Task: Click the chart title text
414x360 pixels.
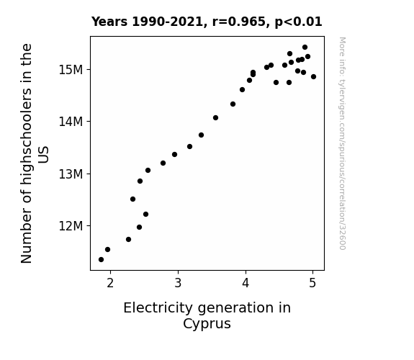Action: (x=207, y=22)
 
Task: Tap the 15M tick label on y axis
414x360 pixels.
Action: (x=71, y=70)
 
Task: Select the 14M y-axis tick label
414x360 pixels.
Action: (x=71, y=122)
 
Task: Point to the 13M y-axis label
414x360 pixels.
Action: (x=71, y=174)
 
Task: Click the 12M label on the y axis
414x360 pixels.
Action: (x=71, y=226)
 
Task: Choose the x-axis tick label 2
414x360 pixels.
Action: (x=110, y=283)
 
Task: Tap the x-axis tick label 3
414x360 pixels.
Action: (x=178, y=283)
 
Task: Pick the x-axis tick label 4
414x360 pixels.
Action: (x=246, y=283)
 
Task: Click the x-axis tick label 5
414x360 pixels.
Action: (x=312, y=283)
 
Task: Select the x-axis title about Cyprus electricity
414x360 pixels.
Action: (x=207, y=315)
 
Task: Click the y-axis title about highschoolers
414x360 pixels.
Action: (x=35, y=153)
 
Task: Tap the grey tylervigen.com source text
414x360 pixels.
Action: (x=342, y=143)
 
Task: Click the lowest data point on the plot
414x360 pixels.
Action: (x=101, y=260)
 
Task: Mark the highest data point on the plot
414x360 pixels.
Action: (x=305, y=48)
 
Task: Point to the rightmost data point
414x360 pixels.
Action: (x=314, y=77)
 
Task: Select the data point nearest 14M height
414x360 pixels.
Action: (x=216, y=118)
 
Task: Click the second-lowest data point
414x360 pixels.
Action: (x=108, y=250)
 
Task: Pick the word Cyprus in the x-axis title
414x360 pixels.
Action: (x=207, y=324)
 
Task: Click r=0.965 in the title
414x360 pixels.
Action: (x=239, y=22)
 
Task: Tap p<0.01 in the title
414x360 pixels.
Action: (x=298, y=22)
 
